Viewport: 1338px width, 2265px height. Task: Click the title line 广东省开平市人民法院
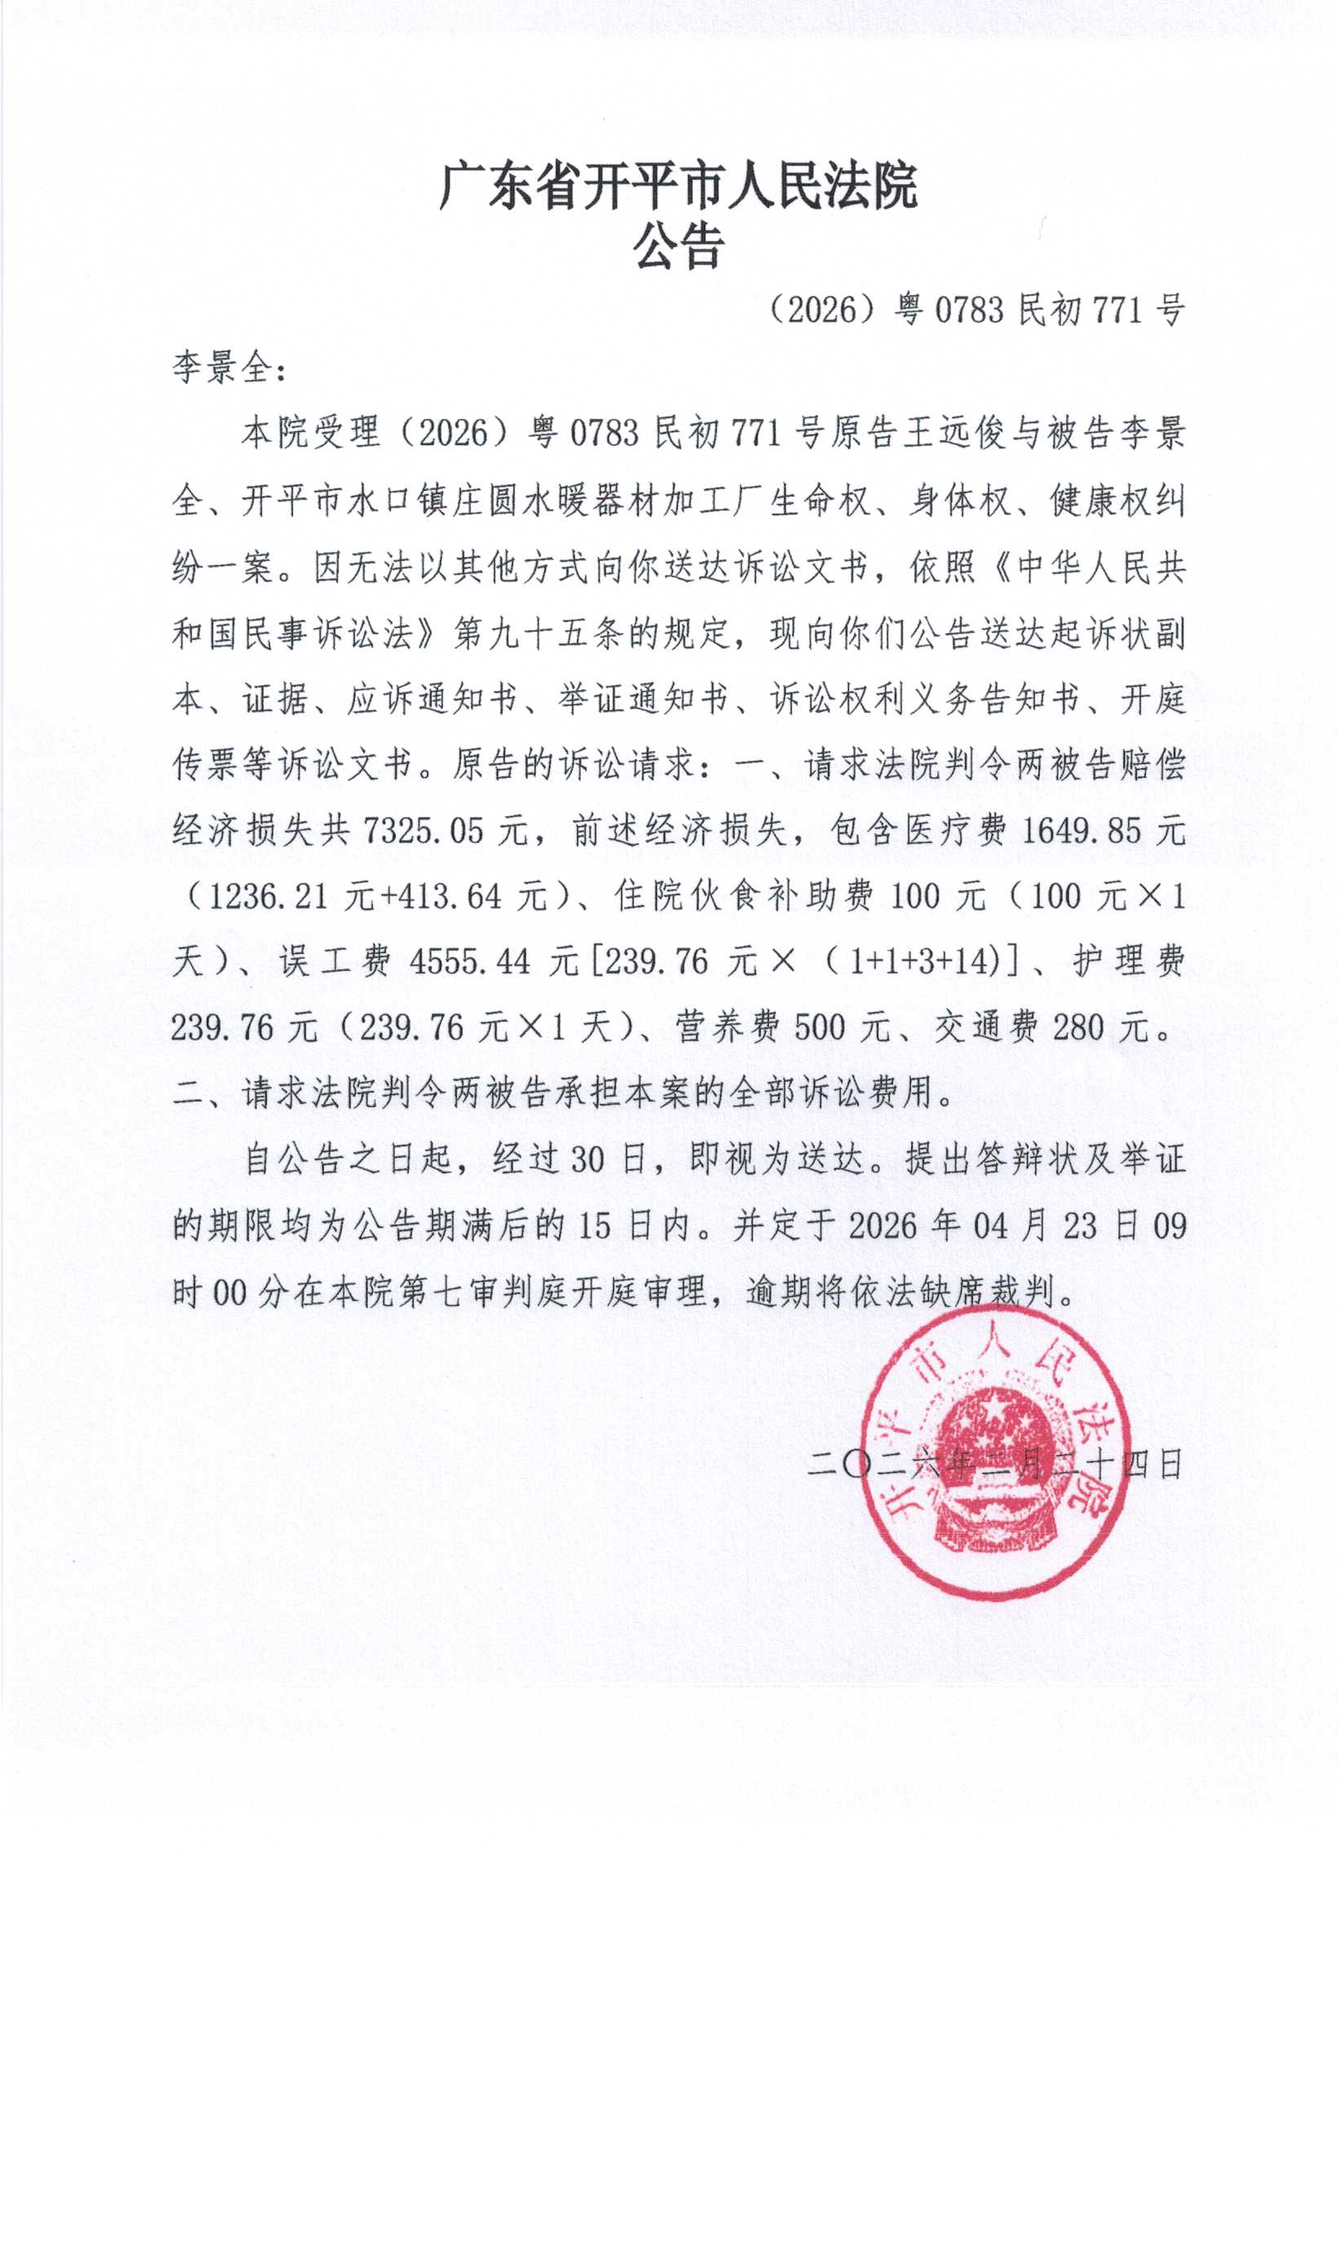[x=678, y=188]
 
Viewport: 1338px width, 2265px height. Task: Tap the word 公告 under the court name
[x=678, y=245]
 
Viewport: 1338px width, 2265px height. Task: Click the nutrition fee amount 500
[x=820, y=1027]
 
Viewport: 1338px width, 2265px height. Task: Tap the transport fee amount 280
[x=1077, y=1027]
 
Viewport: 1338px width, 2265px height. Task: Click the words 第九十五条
[x=539, y=634]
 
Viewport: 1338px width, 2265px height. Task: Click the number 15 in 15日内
[x=594, y=1225]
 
